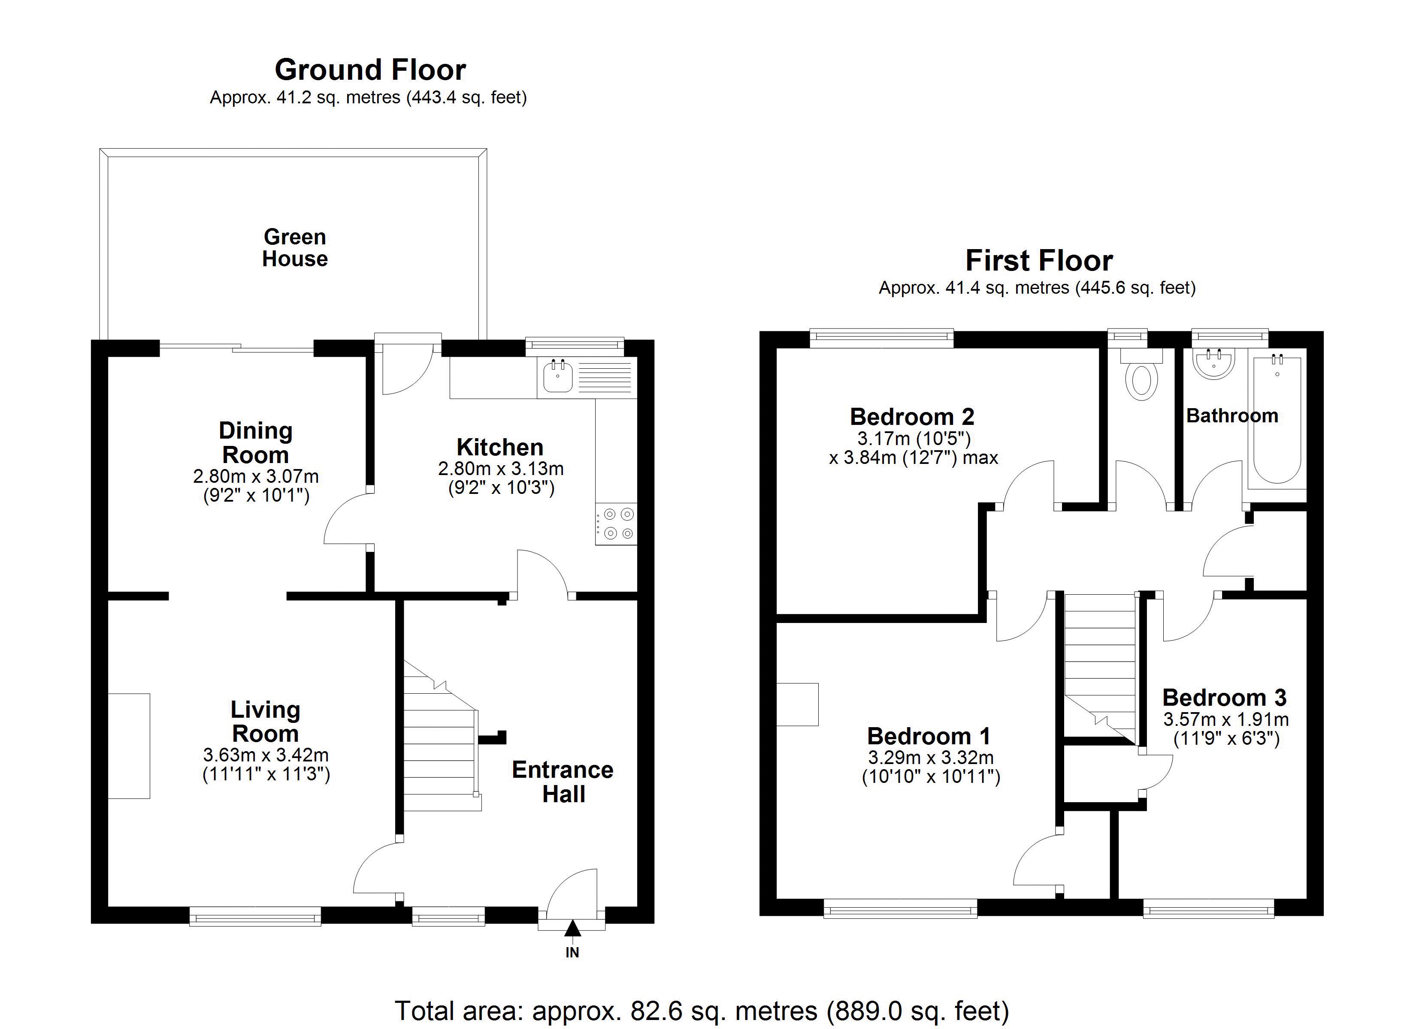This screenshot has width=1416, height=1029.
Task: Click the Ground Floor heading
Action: pyautogui.click(x=370, y=70)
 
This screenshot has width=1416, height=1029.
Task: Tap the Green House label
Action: pyautogui.click(x=295, y=248)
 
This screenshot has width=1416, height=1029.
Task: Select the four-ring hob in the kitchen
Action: pyautogui.click(x=617, y=524)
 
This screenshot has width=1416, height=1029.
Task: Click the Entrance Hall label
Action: pyautogui.click(x=563, y=782)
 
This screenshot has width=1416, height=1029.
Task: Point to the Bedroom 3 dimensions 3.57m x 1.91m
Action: pyautogui.click(x=1225, y=719)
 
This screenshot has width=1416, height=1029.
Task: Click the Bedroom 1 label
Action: pyautogui.click(x=929, y=736)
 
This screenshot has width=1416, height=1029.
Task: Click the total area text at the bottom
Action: pyautogui.click(x=702, y=1010)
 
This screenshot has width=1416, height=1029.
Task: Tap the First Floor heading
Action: pyautogui.click(x=1039, y=261)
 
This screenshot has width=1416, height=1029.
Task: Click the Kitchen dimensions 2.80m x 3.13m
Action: pyautogui.click(x=501, y=468)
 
